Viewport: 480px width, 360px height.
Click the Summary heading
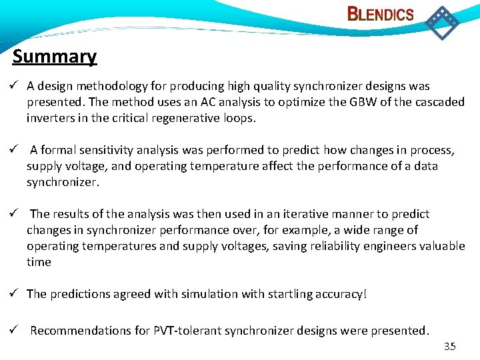coord(55,57)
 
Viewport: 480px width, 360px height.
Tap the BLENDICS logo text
coord(381,14)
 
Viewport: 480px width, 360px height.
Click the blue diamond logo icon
coord(442,22)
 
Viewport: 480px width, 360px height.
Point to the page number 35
coord(449,346)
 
